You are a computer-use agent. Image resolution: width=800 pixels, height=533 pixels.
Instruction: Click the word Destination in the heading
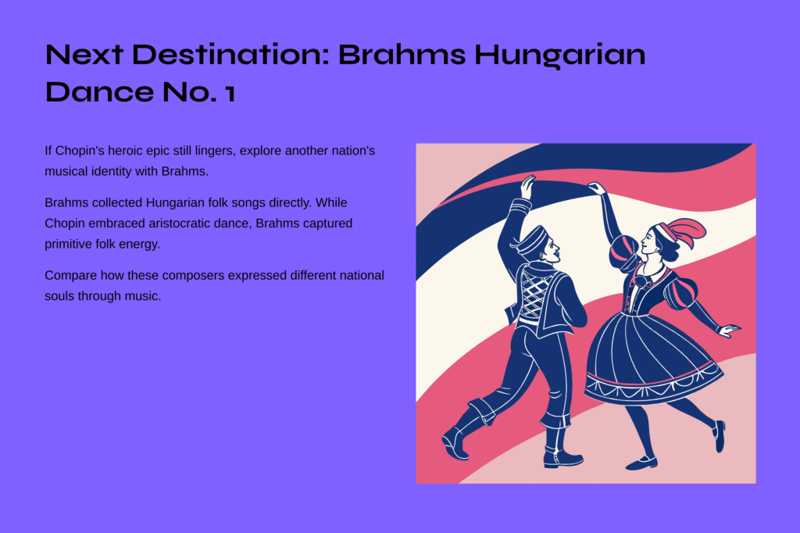coord(230,55)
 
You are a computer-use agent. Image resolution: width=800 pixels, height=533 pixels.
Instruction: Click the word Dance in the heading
coord(99,92)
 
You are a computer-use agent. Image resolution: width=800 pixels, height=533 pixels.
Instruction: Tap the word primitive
coord(68,245)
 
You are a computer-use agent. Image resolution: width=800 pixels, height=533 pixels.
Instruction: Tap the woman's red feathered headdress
coord(681,231)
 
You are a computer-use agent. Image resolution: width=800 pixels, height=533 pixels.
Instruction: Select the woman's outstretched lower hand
coord(729,330)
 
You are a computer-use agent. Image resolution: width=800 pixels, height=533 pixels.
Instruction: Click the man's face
coord(552,252)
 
